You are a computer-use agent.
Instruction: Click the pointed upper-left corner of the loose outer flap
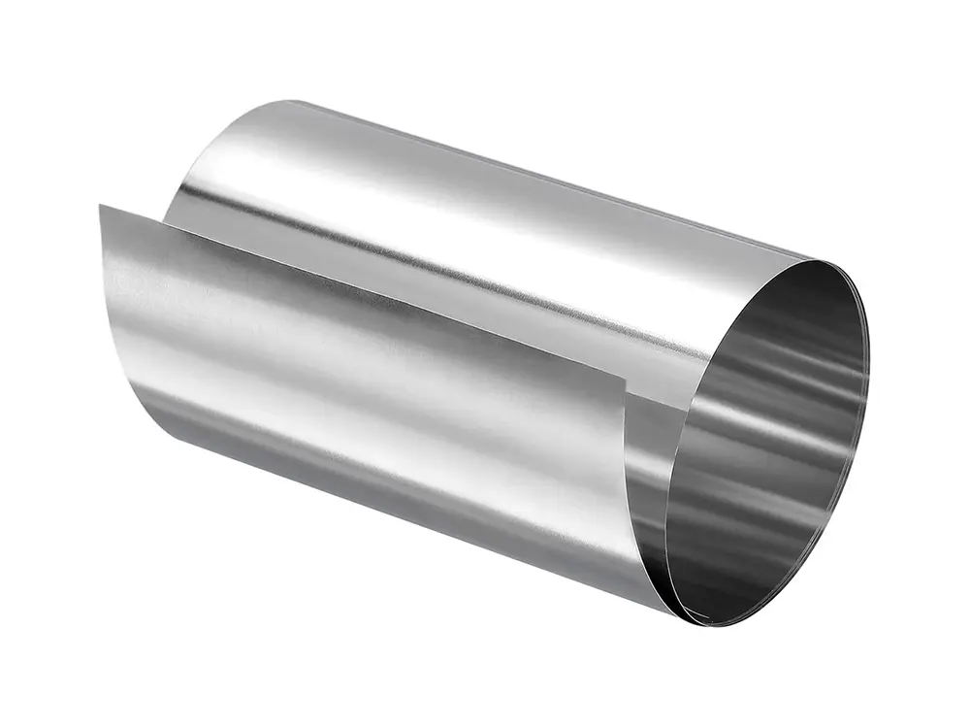[100, 205]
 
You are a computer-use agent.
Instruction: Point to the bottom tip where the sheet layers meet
[691, 617]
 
